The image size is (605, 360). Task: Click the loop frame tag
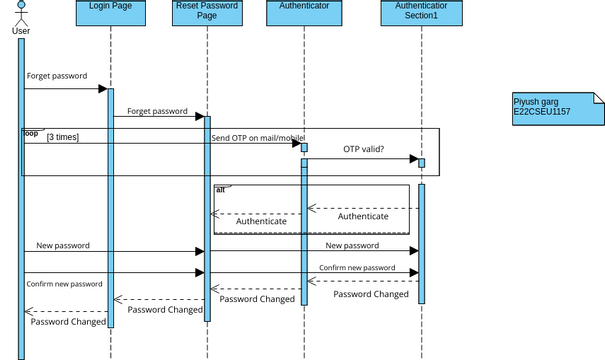(x=31, y=133)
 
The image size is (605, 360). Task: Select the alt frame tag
(x=220, y=188)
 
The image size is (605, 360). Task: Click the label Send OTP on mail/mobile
(x=257, y=137)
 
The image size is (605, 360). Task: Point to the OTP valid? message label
(x=364, y=149)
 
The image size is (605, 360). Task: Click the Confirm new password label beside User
(x=64, y=284)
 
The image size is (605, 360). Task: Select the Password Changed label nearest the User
(x=68, y=322)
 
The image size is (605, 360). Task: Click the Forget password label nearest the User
(x=57, y=76)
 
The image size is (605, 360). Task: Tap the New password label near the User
(x=63, y=245)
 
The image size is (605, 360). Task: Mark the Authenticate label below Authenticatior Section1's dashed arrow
(x=363, y=216)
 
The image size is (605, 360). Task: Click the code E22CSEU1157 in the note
(x=542, y=112)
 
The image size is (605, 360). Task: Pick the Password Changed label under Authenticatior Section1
(x=371, y=294)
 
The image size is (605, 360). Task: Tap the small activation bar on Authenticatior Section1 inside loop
(x=421, y=162)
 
